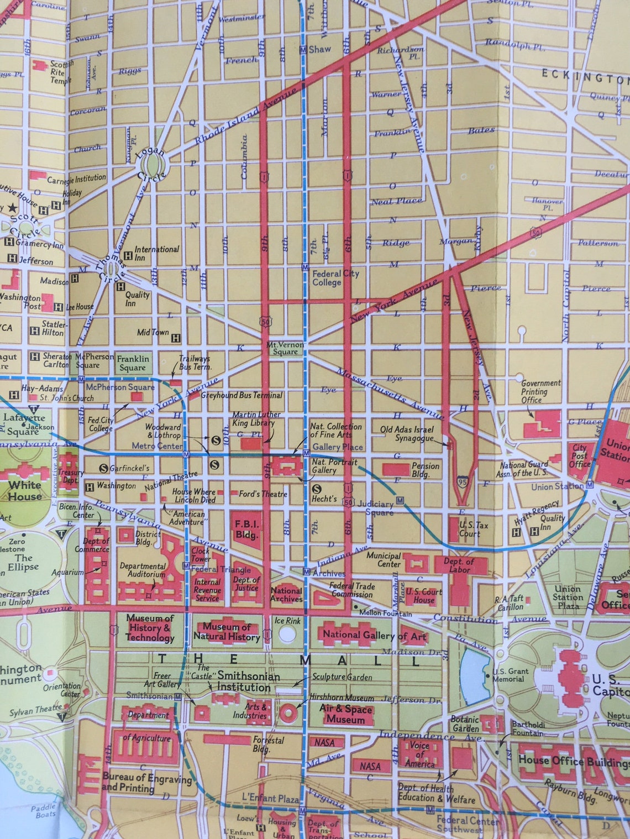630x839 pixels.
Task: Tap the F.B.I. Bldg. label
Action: [x=246, y=529]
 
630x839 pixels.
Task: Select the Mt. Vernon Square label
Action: [x=285, y=348]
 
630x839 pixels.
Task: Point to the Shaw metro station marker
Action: [x=303, y=50]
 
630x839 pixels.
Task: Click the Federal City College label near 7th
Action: [x=335, y=277]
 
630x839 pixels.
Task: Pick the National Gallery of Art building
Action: [x=374, y=636]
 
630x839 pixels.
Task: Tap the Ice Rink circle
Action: [x=287, y=634]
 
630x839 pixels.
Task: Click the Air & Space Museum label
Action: [x=345, y=714]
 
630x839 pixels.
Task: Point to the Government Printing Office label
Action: [x=540, y=391]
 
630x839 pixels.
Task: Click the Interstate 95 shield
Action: [x=463, y=483]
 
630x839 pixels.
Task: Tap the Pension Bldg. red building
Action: [x=396, y=469]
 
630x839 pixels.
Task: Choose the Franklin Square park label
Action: [x=133, y=363]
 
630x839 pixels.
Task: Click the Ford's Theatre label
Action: [x=262, y=494]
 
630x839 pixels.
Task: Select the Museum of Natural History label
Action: [x=227, y=632]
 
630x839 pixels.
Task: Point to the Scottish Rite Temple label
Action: [x=61, y=72]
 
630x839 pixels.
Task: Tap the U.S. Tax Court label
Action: [x=470, y=529]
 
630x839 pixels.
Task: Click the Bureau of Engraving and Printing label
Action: [x=146, y=782]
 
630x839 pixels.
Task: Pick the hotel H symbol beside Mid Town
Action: [x=176, y=338]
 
